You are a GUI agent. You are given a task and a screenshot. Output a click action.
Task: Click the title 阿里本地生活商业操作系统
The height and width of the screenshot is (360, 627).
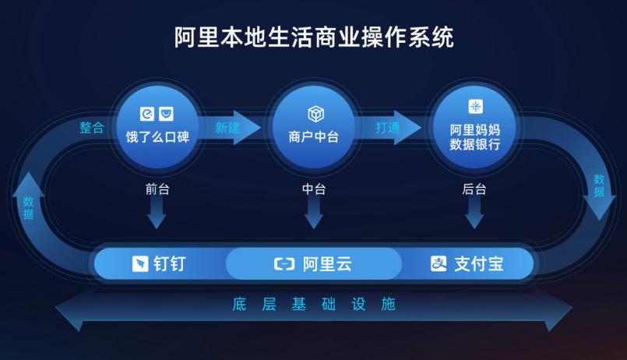[314, 37]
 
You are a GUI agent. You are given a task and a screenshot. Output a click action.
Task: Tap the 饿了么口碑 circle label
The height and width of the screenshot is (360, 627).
[157, 137]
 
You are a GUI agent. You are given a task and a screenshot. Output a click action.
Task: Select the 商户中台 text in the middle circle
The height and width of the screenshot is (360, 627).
[313, 137]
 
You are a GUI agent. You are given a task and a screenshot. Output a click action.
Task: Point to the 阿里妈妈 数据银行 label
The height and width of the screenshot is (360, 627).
[474, 137]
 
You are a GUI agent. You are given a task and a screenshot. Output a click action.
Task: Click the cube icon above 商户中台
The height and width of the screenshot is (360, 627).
[315, 114]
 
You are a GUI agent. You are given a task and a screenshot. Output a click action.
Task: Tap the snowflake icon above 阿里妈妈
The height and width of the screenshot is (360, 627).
[475, 107]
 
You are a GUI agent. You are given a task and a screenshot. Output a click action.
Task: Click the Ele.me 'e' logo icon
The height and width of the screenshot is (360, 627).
[146, 114]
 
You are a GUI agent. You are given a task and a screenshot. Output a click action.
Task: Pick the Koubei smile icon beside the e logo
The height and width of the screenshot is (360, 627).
[166, 114]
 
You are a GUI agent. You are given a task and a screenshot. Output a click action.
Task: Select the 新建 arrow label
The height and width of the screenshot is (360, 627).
[227, 128]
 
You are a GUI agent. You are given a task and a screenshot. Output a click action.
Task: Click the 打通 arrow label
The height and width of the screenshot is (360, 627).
[387, 128]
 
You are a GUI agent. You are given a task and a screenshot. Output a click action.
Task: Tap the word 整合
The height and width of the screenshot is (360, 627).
[92, 128]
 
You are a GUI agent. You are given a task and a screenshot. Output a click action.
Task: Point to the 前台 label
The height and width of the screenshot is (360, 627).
[157, 189]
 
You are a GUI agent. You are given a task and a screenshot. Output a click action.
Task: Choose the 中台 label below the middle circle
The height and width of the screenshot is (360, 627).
[314, 189]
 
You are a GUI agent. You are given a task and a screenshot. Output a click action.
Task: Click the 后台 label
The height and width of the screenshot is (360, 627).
[474, 189]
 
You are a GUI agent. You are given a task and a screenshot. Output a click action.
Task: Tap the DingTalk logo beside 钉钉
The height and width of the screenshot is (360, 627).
[140, 264]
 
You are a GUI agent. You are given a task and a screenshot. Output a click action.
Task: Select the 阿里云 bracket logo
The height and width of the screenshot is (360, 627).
[284, 264]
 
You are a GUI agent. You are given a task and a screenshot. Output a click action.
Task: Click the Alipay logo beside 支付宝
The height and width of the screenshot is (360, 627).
[439, 264]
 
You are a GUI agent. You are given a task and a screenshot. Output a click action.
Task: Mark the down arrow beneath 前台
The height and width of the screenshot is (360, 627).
[157, 213]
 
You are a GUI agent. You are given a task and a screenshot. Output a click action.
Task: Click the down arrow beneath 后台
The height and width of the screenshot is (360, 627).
[474, 213]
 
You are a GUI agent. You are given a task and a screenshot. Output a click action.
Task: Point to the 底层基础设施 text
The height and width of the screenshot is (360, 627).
[314, 305]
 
